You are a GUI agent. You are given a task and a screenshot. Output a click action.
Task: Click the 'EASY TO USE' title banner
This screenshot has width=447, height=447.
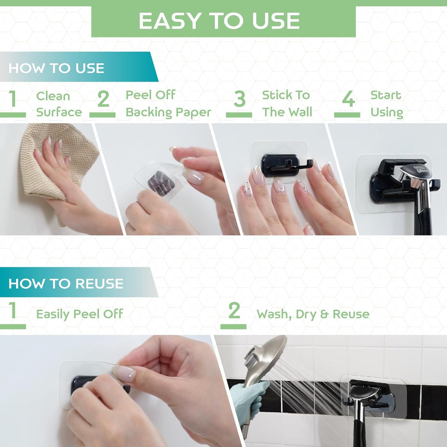pos(223,21)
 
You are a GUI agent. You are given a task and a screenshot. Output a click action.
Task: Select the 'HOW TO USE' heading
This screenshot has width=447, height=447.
pos(56,68)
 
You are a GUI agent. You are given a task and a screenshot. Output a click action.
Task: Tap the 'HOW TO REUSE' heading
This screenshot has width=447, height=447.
pos(65,283)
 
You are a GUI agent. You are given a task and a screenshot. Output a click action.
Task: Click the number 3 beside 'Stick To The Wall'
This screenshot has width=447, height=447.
pos(239,100)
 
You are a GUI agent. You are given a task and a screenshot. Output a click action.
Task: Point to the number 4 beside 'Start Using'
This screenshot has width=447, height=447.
pos(348,100)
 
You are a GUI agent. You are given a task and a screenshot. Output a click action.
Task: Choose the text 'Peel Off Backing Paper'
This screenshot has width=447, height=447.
pos(168,104)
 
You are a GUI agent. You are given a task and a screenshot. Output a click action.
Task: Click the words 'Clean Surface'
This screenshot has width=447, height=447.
pos(59,104)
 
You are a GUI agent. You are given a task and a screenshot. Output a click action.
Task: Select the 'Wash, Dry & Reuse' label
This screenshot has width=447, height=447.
pos(313,314)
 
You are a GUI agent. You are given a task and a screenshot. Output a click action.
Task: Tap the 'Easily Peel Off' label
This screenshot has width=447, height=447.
pos(79,314)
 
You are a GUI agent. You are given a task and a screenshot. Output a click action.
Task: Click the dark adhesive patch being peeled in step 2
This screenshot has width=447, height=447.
pos(161,182)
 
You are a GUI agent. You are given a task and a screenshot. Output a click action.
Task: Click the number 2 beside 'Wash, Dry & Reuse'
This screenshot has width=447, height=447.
pos(234,311)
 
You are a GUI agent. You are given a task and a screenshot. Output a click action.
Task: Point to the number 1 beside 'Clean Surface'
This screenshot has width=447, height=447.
pos(13,100)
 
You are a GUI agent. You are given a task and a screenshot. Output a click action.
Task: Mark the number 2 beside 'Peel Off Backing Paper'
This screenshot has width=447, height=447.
pos(103,100)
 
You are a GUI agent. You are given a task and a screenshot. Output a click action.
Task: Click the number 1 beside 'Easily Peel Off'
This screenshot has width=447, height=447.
pos(13,311)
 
